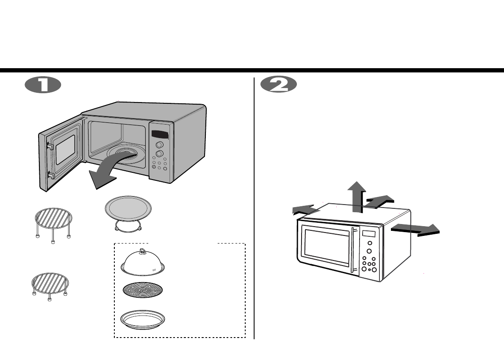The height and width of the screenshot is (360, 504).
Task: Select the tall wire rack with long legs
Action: pyautogui.click(x=53, y=222)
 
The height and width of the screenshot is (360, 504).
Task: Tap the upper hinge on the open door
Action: pyautogui.click(x=50, y=146)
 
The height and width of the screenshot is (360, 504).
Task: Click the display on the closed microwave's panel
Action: pyautogui.click(x=368, y=234)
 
